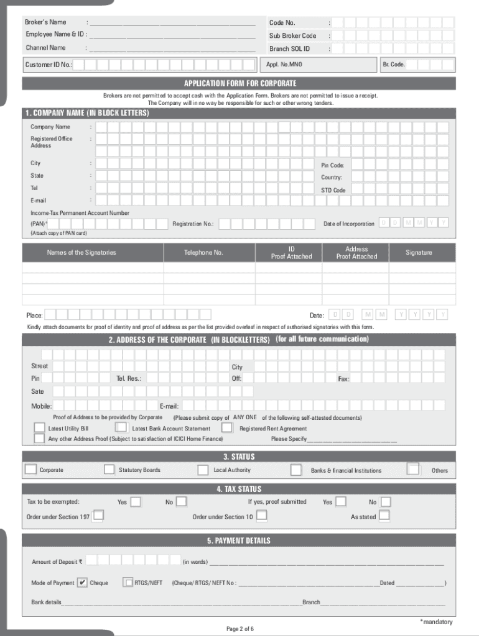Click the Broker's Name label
coord(45,22)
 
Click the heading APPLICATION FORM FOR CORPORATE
coord(240,83)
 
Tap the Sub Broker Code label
coord(293,36)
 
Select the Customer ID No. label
coord(49,65)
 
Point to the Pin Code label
coord(333,165)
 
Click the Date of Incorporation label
coord(349,224)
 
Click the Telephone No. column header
coord(203,253)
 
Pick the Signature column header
coord(419,253)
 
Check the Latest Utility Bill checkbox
coord(39,429)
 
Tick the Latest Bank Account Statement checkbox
coord(121,428)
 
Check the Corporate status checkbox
coord(30,470)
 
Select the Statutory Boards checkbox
coord(109,470)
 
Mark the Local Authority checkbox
coord(203,470)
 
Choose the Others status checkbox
coord(412,469)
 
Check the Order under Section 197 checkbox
coord(98,516)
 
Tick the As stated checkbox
coord(384,516)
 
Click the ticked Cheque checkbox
coord(83,583)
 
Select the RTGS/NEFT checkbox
coord(128,583)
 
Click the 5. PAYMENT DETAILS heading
coord(240,540)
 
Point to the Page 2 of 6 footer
coord(240,629)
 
